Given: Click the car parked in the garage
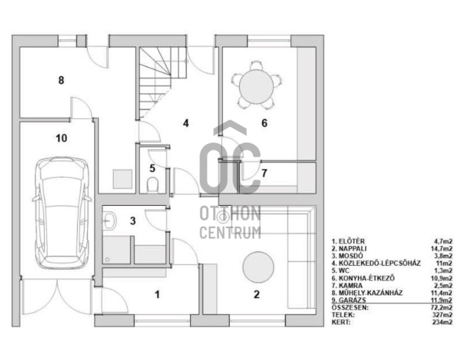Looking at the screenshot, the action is click(x=61, y=213).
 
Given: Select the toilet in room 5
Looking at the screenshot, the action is click(x=153, y=184).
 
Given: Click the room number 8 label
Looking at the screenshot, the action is click(x=61, y=80).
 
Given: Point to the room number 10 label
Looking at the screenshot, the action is click(x=61, y=138).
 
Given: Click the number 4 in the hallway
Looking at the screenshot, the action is click(x=186, y=123).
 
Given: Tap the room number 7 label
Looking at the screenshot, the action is click(x=264, y=173).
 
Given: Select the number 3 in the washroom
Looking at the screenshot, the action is click(x=133, y=221).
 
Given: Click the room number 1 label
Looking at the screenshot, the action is click(x=157, y=294).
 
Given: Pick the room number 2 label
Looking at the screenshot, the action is click(x=256, y=294).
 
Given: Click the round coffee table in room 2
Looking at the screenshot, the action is click(x=259, y=267).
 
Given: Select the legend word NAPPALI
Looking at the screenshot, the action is click(x=352, y=248).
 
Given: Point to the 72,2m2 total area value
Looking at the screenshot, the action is click(x=442, y=307).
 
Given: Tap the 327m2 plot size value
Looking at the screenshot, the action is click(x=442, y=315).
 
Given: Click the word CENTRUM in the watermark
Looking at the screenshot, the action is click(x=230, y=233).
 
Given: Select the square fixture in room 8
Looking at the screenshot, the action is click(x=122, y=179).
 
